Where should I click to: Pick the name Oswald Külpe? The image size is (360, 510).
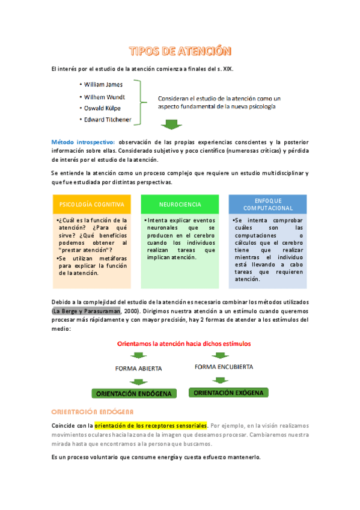102,108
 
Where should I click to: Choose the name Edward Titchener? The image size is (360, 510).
108,120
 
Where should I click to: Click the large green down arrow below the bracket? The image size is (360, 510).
172,124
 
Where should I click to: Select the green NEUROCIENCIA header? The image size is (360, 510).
180,204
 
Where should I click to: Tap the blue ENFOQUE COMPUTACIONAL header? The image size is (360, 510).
267,204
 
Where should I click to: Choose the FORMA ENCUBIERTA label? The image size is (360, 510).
224,367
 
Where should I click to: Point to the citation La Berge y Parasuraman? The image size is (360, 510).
87,311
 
